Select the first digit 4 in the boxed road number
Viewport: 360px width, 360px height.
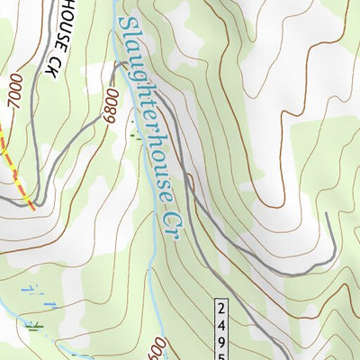222,323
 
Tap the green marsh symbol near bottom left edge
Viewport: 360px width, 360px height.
33,326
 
